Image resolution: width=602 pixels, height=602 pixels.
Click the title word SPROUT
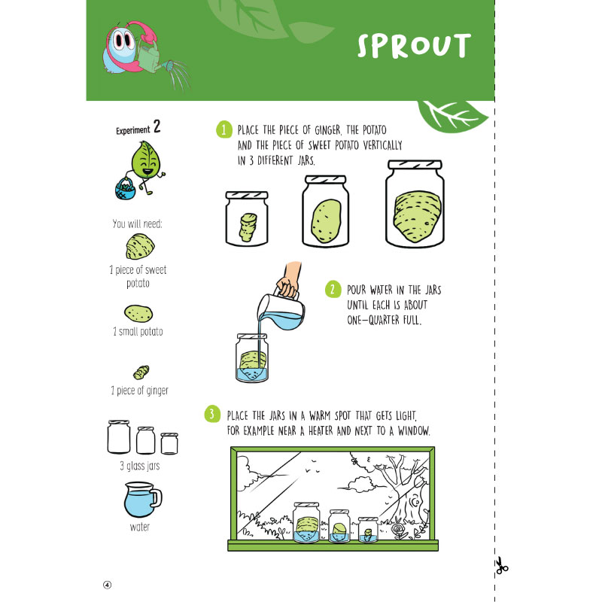coord(414,46)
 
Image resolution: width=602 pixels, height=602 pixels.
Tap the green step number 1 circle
coord(224,129)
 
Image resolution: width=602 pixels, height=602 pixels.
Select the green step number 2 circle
coord(333,289)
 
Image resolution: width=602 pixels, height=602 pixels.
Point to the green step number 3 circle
coord(212,414)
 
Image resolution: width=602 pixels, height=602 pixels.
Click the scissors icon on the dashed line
coord(500,566)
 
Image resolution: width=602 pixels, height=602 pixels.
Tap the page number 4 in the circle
coord(107,585)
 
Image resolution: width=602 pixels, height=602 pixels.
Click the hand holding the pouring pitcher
coord(290,279)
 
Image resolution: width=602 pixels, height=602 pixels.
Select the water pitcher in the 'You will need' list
coord(142,500)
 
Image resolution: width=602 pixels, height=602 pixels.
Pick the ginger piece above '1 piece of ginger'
coord(141,372)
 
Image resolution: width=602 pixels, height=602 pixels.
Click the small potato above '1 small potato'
coord(138,314)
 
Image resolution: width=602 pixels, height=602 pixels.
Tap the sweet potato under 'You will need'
coord(140,247)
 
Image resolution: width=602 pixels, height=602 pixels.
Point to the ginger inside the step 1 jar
coord(248,227)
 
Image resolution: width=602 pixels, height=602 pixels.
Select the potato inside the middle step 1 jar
coord(326,220)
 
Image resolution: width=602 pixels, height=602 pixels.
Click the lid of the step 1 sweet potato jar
coord(415,164)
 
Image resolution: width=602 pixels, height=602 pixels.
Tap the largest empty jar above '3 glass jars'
coord(119,437)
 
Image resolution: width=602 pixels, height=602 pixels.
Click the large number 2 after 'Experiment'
coord(157,126)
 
